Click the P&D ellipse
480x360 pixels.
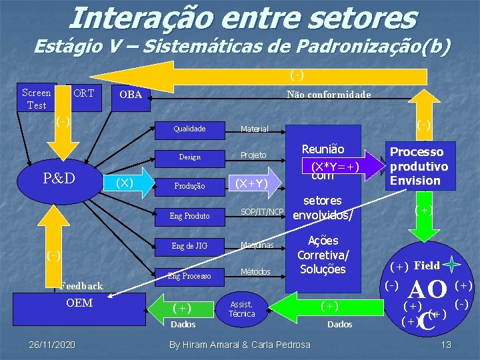(59, 178)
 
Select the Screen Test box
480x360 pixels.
(36, 99)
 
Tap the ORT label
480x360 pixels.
(83, 93)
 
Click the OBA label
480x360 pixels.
(131, 95)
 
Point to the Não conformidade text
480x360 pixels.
(329, 95)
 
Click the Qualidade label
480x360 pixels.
(189, 129)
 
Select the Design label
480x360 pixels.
(189, 157)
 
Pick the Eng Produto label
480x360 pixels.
(189, 216)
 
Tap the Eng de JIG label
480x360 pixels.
(189, 246)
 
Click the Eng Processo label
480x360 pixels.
(189, 275)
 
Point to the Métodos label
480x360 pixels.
(255, 271)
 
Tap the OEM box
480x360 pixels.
(79, 303)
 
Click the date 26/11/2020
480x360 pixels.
(52, 345)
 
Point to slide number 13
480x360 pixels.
(447, 345)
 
